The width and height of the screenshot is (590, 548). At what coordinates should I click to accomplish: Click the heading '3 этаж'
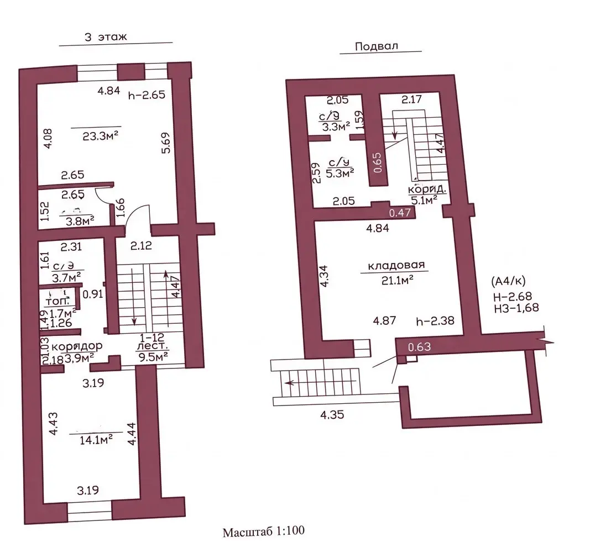pos(106,38)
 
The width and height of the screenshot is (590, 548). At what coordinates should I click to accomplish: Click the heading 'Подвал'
pos(376,46)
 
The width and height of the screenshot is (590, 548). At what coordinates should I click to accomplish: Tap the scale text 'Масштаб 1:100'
pos(264,533)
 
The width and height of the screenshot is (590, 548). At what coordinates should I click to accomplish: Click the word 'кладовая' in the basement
pos(396,265)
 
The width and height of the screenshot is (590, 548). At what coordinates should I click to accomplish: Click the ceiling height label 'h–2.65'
pos(147,94)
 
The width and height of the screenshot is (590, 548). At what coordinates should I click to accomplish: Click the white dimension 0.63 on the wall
pos(419,347)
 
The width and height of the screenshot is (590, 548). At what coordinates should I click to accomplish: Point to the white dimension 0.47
pos(400,212)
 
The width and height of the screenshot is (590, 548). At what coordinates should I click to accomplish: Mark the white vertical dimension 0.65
pos(377,162)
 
